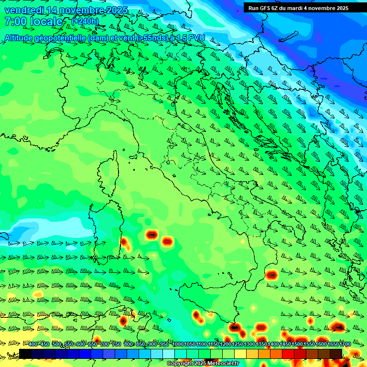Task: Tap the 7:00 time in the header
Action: (x=13, y=22)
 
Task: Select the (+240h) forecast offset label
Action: (x=85, y=21)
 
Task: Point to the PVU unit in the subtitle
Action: (x=196, y=38)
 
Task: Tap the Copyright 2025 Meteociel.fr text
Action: (x=203, y=364)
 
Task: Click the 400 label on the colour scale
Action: (x=33, y=345)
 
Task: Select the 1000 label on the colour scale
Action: (x=178, y=345)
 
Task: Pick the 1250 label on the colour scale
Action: (x=237, y=345)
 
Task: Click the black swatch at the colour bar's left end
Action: (x=25, y=354)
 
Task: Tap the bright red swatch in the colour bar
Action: (x=288, y=354)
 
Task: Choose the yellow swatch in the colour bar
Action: (x=240, y=354)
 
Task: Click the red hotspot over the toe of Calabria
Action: (x=272, y=275)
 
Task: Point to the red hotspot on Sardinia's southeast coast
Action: (x=125, y=243)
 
